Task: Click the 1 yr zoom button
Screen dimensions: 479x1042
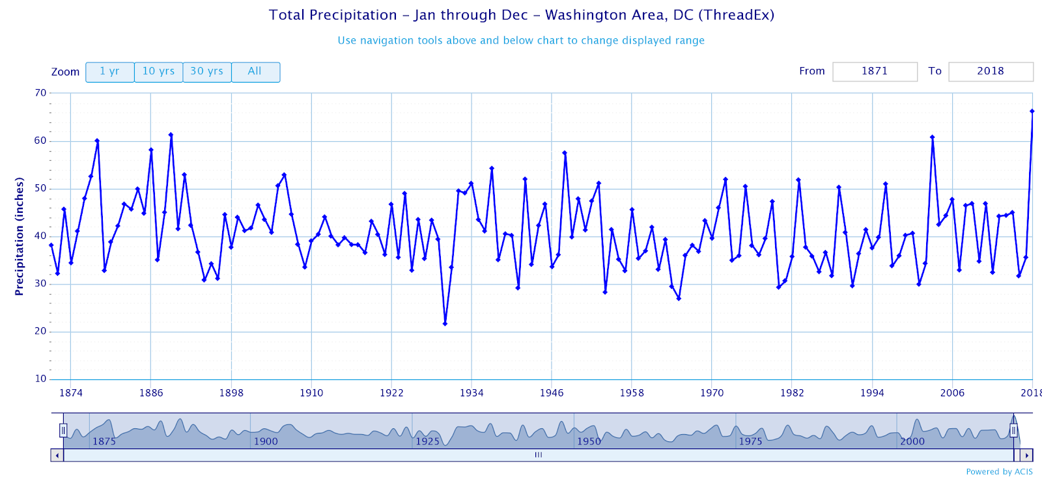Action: [x=109, y=72]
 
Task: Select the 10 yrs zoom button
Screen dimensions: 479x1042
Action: [x=158, y=72]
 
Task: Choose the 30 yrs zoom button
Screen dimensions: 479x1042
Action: [x=206, y=72]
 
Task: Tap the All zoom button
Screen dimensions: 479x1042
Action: [x=255, y=72]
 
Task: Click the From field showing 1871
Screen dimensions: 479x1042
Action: [x=875, y=72]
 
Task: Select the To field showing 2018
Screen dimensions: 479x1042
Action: [x=990, y=72]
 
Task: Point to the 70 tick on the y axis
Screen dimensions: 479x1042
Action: [x=40, y=93]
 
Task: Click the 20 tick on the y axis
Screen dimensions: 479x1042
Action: [x=40, y=331]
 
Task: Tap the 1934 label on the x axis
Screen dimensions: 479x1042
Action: [x=472, y=393]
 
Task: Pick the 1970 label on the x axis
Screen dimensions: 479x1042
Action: [x=712, y=393]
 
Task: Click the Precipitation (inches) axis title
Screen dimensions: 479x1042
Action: [x=20, y=236]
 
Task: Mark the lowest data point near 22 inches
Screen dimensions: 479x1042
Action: [x=445, y=323]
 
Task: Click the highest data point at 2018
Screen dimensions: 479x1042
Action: [x=1032, y=111]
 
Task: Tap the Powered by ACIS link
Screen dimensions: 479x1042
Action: [x=999, y=472]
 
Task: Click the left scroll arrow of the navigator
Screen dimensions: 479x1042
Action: [x=57, y=456]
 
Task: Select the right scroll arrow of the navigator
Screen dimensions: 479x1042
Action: [x=1026, y=456]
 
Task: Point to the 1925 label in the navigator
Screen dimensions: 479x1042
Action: [x=428, y=441]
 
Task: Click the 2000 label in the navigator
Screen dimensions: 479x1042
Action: [x=912, y=441]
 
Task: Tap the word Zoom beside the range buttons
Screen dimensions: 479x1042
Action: [x=65, y=72]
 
